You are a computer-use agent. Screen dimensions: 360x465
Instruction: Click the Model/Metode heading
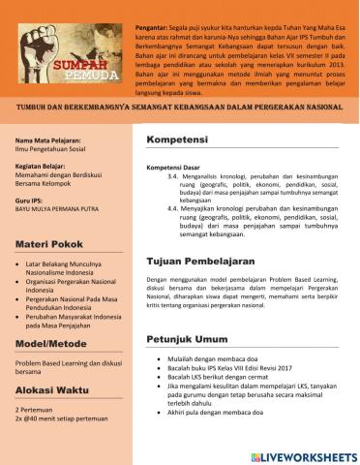51,344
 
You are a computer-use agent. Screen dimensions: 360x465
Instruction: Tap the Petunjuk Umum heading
188,339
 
